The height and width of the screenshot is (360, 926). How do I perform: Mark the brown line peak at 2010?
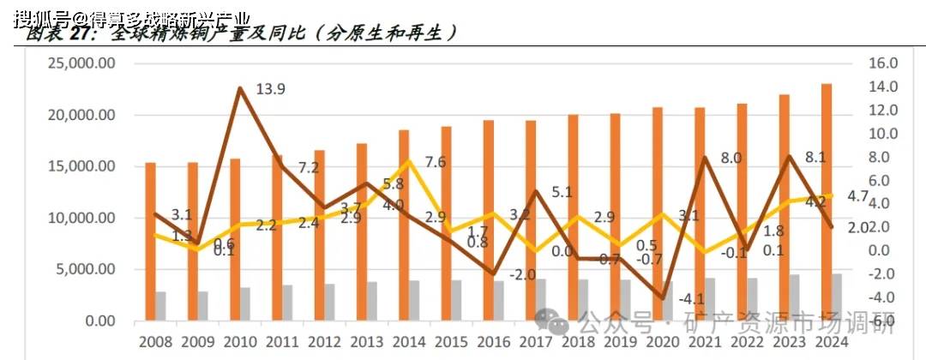pyautogui.click(x=239, y=88)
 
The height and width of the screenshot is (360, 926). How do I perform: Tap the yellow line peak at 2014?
pyautogui.click(x=411, y=161)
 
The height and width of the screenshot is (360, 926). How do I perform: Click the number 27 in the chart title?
pyautogui.click(x=82, y=33)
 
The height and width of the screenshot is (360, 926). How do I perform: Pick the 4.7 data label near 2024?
pyautogui.click(x=858, y=196)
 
